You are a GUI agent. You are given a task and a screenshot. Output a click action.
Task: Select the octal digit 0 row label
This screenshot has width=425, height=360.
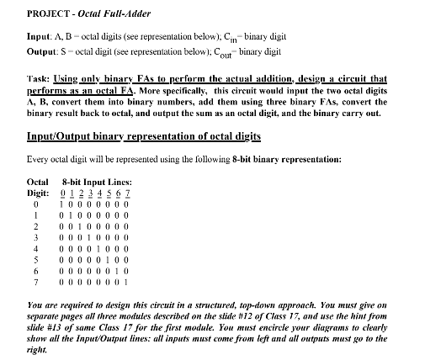click(x=35, y=204)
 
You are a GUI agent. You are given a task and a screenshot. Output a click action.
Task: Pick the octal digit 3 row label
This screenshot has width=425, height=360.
click(x=35, y=239)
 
